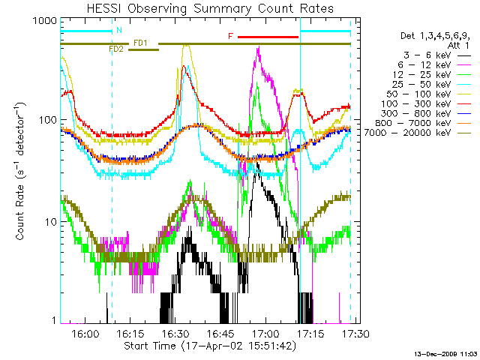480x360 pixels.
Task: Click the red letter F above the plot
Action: (x=231, y=36)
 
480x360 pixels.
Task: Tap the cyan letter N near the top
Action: (x=118, y=31)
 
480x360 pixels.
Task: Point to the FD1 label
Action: (x=140, y=42)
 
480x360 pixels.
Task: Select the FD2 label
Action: (x=116, y=49)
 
